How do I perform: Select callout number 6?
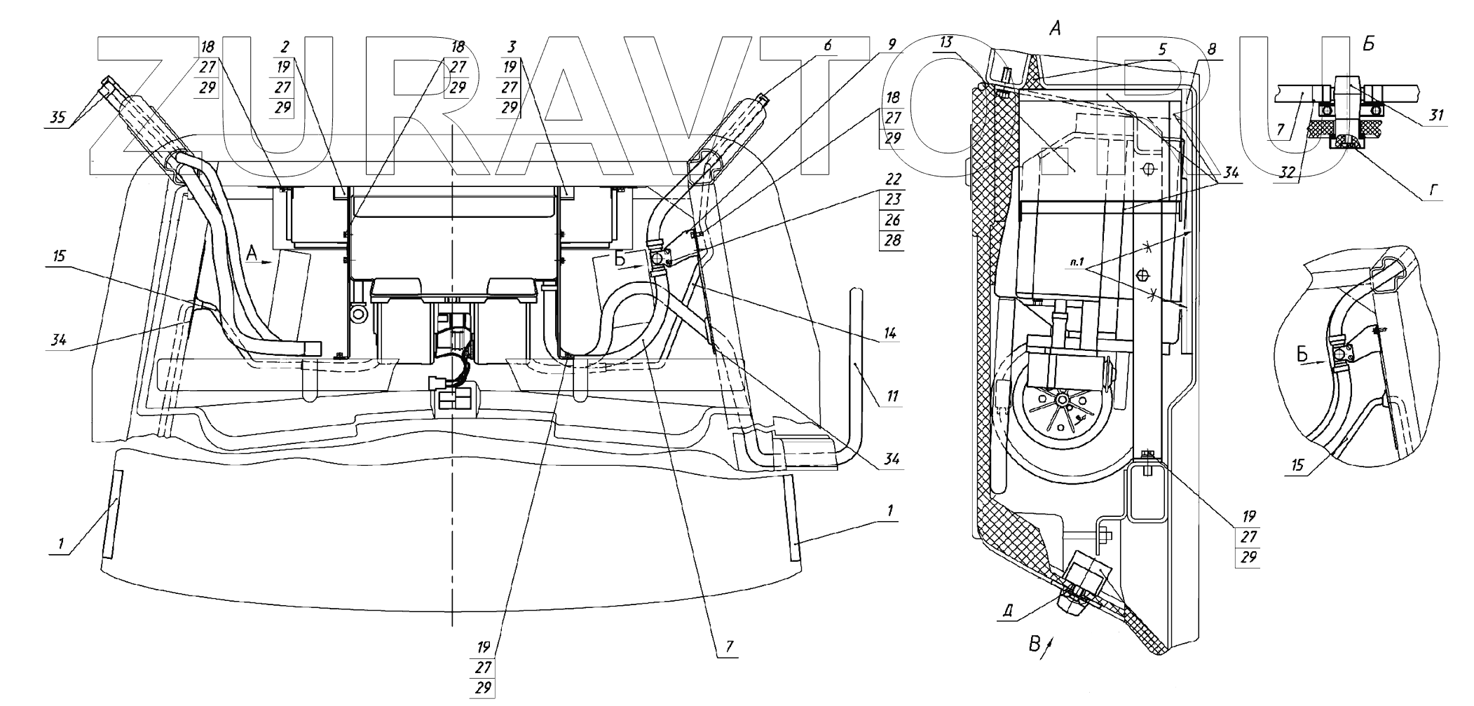[828, 46]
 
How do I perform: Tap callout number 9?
[892, 44]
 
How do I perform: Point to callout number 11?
[891, 396]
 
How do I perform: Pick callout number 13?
[946, 43]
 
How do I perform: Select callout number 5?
[1162, 50]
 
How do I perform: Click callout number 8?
[1212, 50]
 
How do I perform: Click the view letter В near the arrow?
[1034, 644]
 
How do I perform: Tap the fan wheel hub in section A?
[1062, 399]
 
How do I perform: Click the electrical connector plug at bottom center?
[454, 402]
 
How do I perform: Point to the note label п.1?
[1077, 264]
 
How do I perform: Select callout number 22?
[892, 180]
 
